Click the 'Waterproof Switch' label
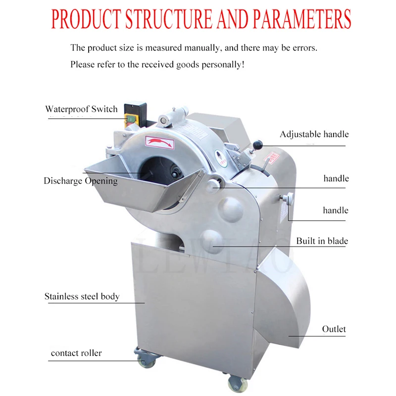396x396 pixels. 82,109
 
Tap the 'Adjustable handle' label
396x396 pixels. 314,135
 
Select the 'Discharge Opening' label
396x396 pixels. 81,181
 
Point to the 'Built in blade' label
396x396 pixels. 322,242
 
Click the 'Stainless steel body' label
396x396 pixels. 82,297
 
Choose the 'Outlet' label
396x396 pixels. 334,329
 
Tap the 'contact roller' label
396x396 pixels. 76,353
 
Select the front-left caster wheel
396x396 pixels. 144,358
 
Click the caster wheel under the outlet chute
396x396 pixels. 235,382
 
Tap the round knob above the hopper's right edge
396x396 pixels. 214,185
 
